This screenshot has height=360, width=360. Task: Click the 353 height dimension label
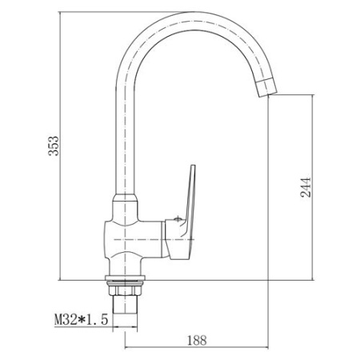(53, 146)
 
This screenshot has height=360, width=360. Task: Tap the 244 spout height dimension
(306, 187)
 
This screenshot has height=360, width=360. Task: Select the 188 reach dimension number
(197, 341)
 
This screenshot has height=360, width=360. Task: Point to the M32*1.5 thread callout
(81, 319)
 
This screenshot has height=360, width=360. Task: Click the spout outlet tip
(267, 92)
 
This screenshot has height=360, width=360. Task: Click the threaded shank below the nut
(125, 304)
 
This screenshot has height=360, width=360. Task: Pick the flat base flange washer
(125, 278)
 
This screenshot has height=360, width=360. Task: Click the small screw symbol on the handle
(178, 219)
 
